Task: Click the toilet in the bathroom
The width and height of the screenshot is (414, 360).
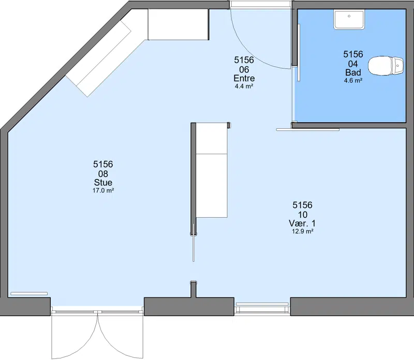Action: click(386, 66)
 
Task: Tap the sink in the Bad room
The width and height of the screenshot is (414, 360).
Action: click(349, 19)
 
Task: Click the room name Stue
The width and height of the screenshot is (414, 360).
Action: click(103, 183)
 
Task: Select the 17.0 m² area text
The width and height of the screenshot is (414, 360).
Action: click(103, 190)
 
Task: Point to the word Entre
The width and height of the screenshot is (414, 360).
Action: click(244, 78)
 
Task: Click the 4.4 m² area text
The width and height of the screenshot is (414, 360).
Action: click(244, 86)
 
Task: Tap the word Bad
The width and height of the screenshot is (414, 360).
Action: click(353, 72)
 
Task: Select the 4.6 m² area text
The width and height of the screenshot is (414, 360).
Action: click(353, 80)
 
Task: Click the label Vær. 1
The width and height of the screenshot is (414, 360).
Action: click(302, 223)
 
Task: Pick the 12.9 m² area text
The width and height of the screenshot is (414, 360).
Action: click(302, 231)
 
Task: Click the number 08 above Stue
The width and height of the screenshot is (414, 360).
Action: click(103, 174)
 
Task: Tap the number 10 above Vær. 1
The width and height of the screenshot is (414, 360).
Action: click(302, 215)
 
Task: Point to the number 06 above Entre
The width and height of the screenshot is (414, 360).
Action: click(244, 69)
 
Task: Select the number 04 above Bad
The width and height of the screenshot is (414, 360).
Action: click(353, 64)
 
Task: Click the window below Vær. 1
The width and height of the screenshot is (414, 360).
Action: click(262, 307)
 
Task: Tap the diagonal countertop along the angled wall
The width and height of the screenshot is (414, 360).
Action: click(98, 58)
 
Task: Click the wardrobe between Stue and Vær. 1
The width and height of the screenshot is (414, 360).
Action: click(212, 170)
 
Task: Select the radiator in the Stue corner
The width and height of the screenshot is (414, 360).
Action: click(29, 293)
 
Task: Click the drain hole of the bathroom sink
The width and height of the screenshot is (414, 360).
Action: click(349, 16)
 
